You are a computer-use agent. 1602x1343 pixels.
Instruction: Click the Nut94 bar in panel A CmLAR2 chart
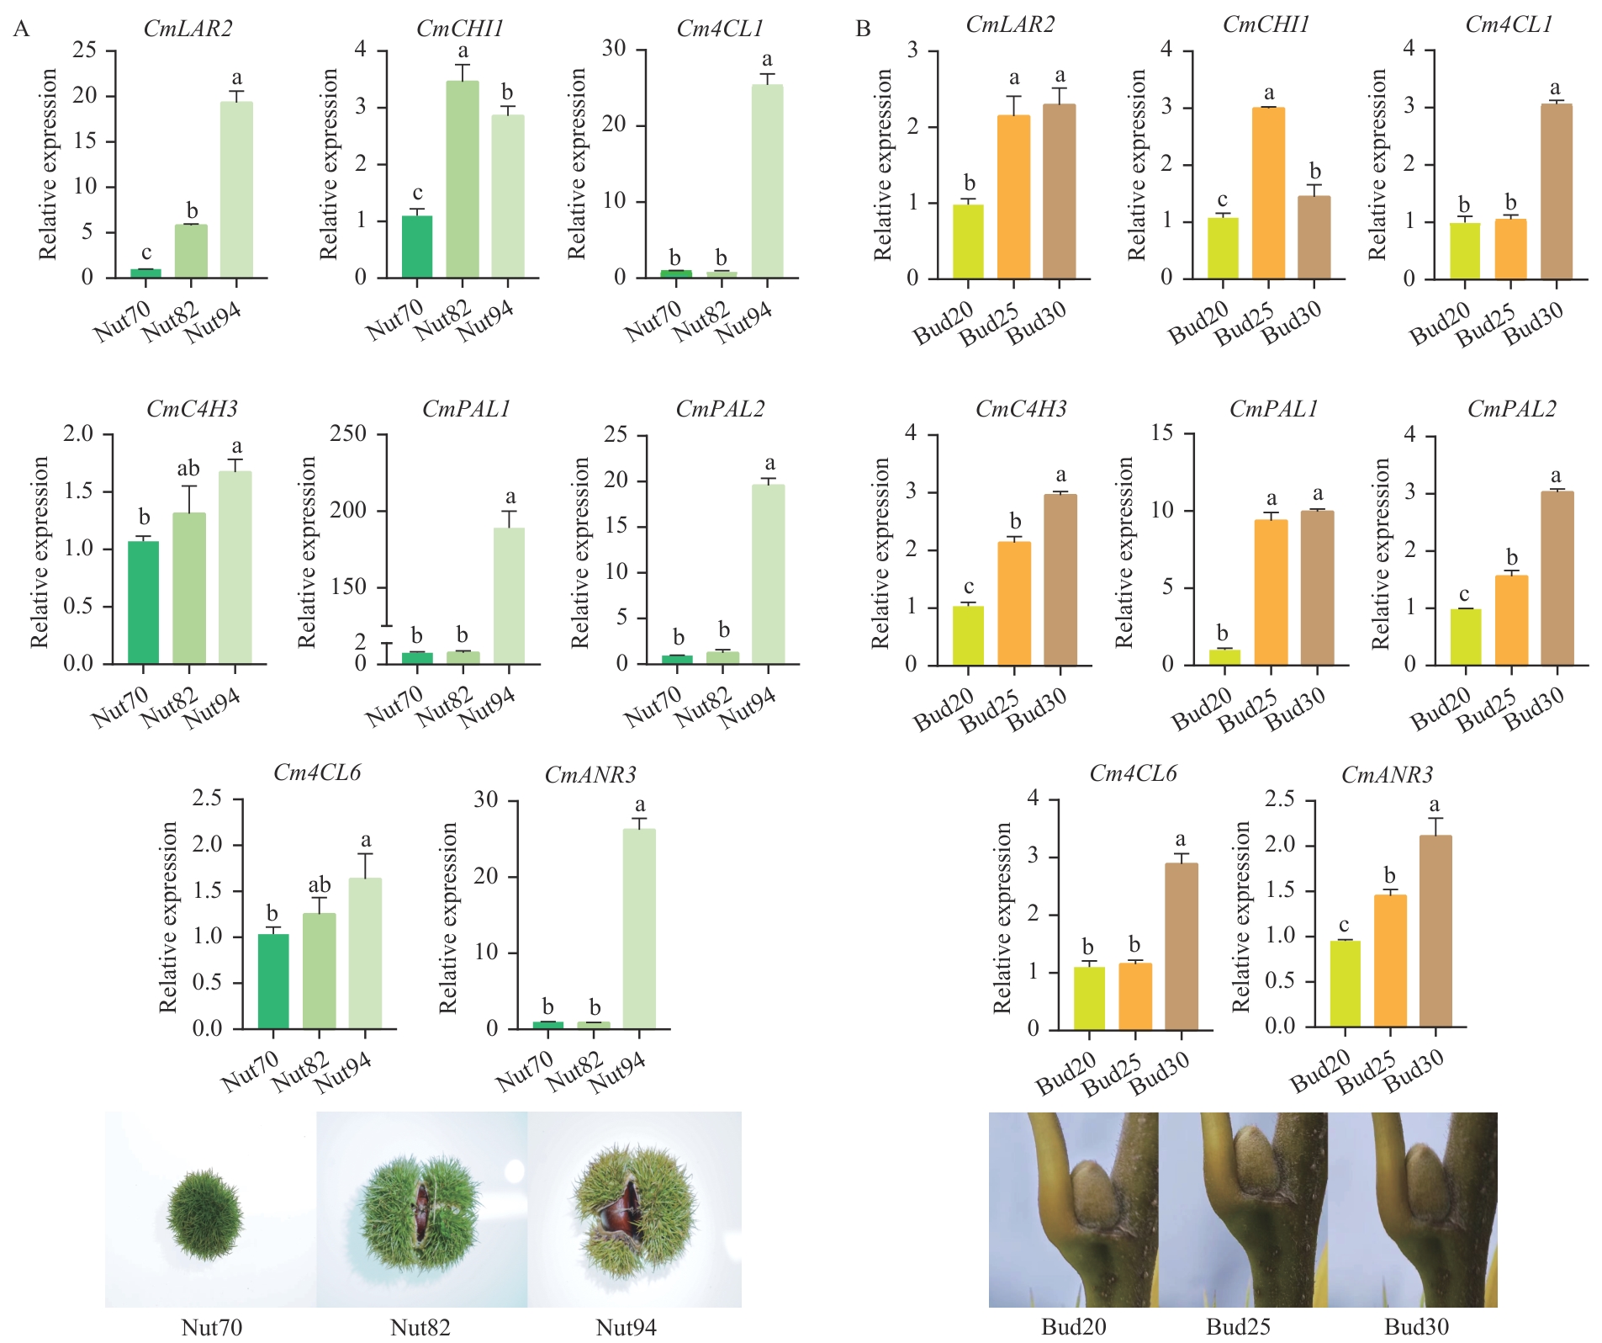[x=236, y=189]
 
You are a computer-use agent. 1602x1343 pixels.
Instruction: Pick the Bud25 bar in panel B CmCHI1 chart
[x=1268, y=193]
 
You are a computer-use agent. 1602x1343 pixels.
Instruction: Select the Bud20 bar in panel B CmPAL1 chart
[x=1224, y=656]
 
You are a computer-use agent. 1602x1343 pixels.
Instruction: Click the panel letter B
[x=863, y=29]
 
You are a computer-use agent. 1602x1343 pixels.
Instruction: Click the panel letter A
[x=22, y=29]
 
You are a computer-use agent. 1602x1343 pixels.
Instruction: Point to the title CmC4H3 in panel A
[x=192, y=409]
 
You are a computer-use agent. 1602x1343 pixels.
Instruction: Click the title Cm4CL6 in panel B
[x=1133, y=773]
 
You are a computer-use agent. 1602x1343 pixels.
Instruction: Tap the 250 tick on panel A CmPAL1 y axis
[x=348, y=434]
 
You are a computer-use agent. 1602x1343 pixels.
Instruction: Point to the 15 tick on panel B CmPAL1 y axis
[x=1162, y=434]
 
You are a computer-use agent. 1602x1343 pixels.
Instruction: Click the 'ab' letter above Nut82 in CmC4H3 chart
[x=188, y=469]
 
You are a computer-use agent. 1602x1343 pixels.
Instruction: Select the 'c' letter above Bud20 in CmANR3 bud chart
[x=1344, y=925]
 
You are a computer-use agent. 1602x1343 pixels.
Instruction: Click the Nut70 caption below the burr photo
[x=211, y=1327]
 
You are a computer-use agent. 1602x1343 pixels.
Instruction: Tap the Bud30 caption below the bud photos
[x=1416, y=1327]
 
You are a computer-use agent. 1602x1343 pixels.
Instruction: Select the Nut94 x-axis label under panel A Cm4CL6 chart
[x=344, y=1074]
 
